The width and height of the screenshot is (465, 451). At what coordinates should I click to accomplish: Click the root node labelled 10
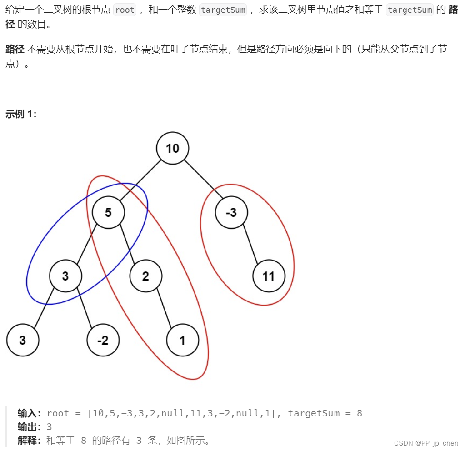coord(172,148)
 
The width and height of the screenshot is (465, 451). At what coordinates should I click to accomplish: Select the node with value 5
coord(108,212)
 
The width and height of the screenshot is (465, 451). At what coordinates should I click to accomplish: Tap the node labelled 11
coord(269,276)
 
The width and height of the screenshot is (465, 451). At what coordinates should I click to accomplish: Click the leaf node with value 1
coord(182,340)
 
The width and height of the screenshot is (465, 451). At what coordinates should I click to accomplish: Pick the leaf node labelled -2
coord(103,340)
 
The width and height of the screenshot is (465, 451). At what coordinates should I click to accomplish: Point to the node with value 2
coord(145,276)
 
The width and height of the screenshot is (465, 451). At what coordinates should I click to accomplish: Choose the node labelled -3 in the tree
coord(231,212)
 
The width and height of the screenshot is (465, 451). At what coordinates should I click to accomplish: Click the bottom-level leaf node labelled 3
coord(22,340)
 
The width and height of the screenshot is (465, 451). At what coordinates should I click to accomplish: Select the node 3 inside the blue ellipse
coord(65,276)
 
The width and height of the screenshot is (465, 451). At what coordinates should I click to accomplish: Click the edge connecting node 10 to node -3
coord(202,180)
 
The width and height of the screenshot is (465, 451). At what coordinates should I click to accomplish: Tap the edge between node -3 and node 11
coord(250,244)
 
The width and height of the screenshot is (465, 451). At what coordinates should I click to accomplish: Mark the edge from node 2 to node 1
coord(164,308)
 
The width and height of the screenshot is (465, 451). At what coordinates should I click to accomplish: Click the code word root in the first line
coord(125,10)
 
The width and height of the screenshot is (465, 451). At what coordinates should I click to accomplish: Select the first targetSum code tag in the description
coord(223,10)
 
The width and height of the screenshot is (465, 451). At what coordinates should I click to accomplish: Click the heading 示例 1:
coord(21,114)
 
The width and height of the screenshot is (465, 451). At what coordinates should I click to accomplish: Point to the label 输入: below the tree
coord(30,413)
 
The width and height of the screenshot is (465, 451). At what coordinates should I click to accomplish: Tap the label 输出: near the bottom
coord(30,427)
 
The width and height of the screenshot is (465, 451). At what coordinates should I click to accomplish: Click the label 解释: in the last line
coord(30,441)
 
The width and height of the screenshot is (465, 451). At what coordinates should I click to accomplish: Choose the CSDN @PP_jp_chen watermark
coord(426,443)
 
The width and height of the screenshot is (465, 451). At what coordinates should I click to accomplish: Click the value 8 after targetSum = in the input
coord(359,413)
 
